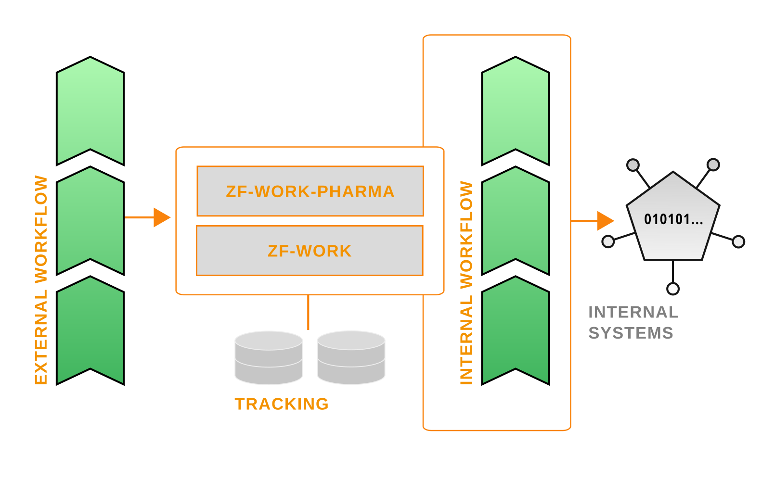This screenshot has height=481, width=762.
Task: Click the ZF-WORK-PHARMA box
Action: [310, 191]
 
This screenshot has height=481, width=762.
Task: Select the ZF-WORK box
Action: [310, 251]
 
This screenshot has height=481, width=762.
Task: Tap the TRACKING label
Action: [282, 404]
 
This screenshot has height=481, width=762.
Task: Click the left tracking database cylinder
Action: [269, 357]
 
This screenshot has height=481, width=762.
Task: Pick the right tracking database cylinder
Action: [351, 357]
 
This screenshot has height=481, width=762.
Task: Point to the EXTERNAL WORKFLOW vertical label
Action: [41, 280]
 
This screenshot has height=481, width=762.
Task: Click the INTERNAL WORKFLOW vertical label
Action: [466, 283]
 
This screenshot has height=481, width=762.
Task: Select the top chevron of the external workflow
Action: [90, 112]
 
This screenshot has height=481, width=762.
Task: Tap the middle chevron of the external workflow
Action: [90, 221]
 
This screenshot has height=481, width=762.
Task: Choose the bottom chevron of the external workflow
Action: [90, 331]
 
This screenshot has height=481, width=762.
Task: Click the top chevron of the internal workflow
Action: [516, 112]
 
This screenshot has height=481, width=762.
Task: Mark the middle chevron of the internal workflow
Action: [516, 221]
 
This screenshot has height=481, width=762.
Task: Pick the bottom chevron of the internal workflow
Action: [516, 331]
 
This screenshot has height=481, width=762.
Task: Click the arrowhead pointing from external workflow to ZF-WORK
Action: [161, 217]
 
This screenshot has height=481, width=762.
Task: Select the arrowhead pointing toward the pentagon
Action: [605, 221]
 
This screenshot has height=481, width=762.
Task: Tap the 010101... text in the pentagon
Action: [673, 220]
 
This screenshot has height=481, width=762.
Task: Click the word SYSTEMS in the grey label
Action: [631, 333]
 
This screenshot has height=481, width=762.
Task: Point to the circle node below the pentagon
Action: [673, 289]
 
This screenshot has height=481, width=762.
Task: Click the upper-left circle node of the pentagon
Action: [633, 165]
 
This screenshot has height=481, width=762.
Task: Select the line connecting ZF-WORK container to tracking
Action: [308, 312]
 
